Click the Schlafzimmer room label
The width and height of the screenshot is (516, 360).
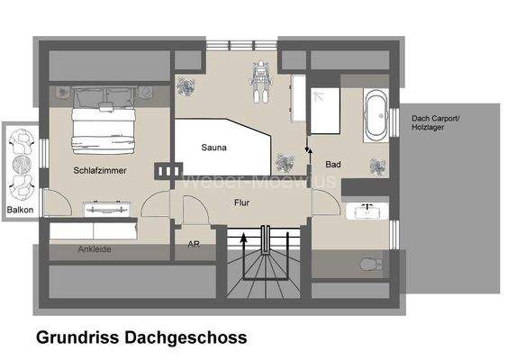click(x=101, y=169)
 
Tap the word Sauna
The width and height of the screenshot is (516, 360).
click(x=213, y=148)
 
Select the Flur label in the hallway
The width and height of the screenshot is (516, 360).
click(x=241, y=203)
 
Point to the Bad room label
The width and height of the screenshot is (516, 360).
click(x=333, y=165)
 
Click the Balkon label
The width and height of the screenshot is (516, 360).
click(x=20, y=210)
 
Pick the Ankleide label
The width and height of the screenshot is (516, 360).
click(x=95, y=249)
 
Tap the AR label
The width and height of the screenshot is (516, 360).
click(x=193, y=244)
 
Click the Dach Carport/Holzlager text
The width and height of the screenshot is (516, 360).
click(x=435, y=122)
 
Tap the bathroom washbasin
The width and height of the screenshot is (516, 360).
click(x=368, y=212)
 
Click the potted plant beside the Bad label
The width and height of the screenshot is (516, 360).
click(x=377, y=166)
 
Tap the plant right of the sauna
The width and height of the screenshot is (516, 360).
click(x=287, y=162)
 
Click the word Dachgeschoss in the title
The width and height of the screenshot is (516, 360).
click(x=188, y=337)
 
